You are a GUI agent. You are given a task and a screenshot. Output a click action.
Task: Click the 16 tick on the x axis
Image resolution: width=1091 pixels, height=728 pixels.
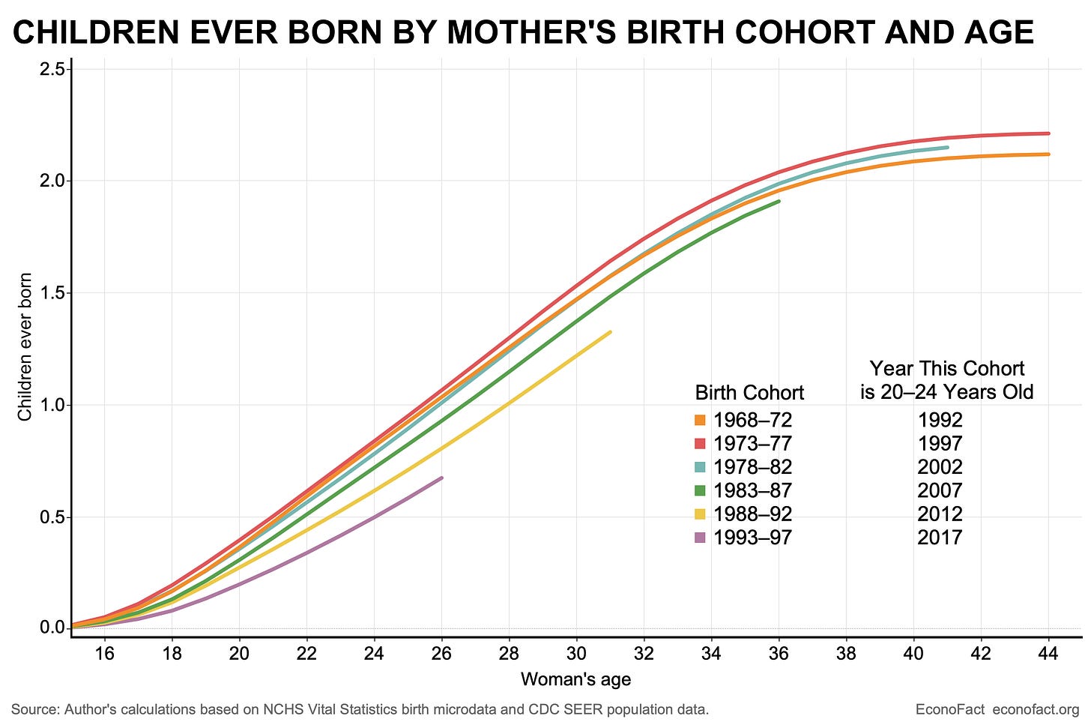104,654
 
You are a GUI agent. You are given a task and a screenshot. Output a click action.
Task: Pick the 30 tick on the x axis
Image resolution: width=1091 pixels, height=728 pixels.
576,654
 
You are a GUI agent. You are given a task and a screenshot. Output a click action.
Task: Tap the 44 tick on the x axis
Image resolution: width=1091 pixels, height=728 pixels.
1048,654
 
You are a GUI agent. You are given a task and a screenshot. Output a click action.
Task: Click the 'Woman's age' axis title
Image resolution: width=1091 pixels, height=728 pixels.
575,680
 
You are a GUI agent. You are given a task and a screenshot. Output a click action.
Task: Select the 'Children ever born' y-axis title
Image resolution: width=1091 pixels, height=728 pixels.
25,346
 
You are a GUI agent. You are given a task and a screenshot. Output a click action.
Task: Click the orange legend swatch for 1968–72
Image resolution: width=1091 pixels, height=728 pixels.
701,420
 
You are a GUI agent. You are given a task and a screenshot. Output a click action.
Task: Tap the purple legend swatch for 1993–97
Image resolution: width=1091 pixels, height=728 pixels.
701,538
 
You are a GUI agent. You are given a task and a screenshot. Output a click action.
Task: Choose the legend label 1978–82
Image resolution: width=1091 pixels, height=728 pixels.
752,467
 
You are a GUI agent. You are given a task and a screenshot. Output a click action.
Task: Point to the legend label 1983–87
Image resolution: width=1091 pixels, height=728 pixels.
752,490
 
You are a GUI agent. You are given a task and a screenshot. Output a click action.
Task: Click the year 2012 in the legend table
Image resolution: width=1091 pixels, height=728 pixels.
940,514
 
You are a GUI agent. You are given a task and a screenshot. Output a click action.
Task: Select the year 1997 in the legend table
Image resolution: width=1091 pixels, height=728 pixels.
940,443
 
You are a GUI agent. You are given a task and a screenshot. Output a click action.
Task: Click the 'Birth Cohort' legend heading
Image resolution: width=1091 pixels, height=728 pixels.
749,393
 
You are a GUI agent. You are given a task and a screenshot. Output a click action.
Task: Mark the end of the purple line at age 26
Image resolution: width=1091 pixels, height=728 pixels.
441,478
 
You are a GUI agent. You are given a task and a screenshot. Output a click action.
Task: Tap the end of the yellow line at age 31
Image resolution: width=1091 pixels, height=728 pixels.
610,332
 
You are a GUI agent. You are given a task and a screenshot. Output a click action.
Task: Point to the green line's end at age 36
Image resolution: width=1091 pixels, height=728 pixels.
779,201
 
